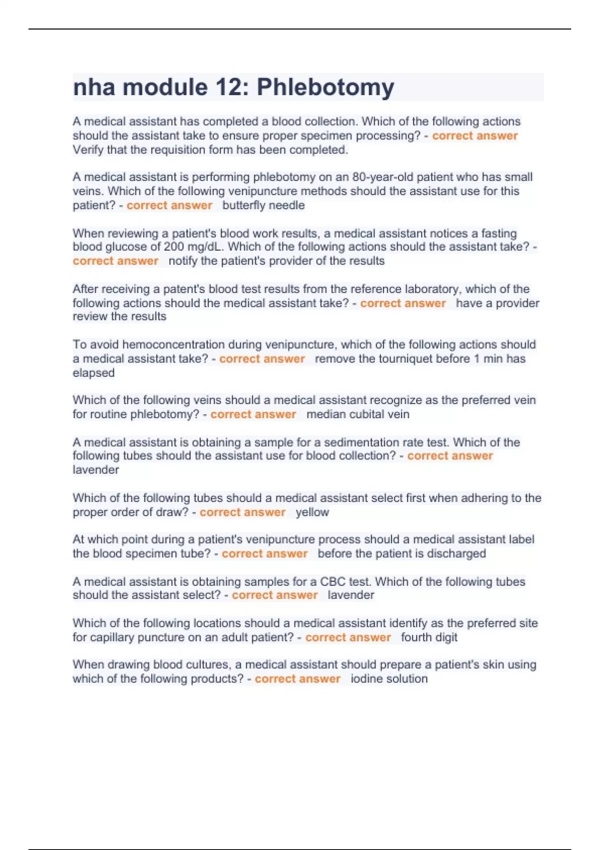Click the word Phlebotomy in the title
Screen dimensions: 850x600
[325, 88]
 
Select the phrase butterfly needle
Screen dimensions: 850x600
[263, 205]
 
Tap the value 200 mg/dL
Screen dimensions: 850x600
[192, 247]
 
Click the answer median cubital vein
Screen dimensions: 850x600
[357, 414]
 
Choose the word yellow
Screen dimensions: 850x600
[312, 512]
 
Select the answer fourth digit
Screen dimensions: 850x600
[429, 637]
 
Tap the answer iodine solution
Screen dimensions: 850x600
[389, 679]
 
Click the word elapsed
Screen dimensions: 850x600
[93, 373]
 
